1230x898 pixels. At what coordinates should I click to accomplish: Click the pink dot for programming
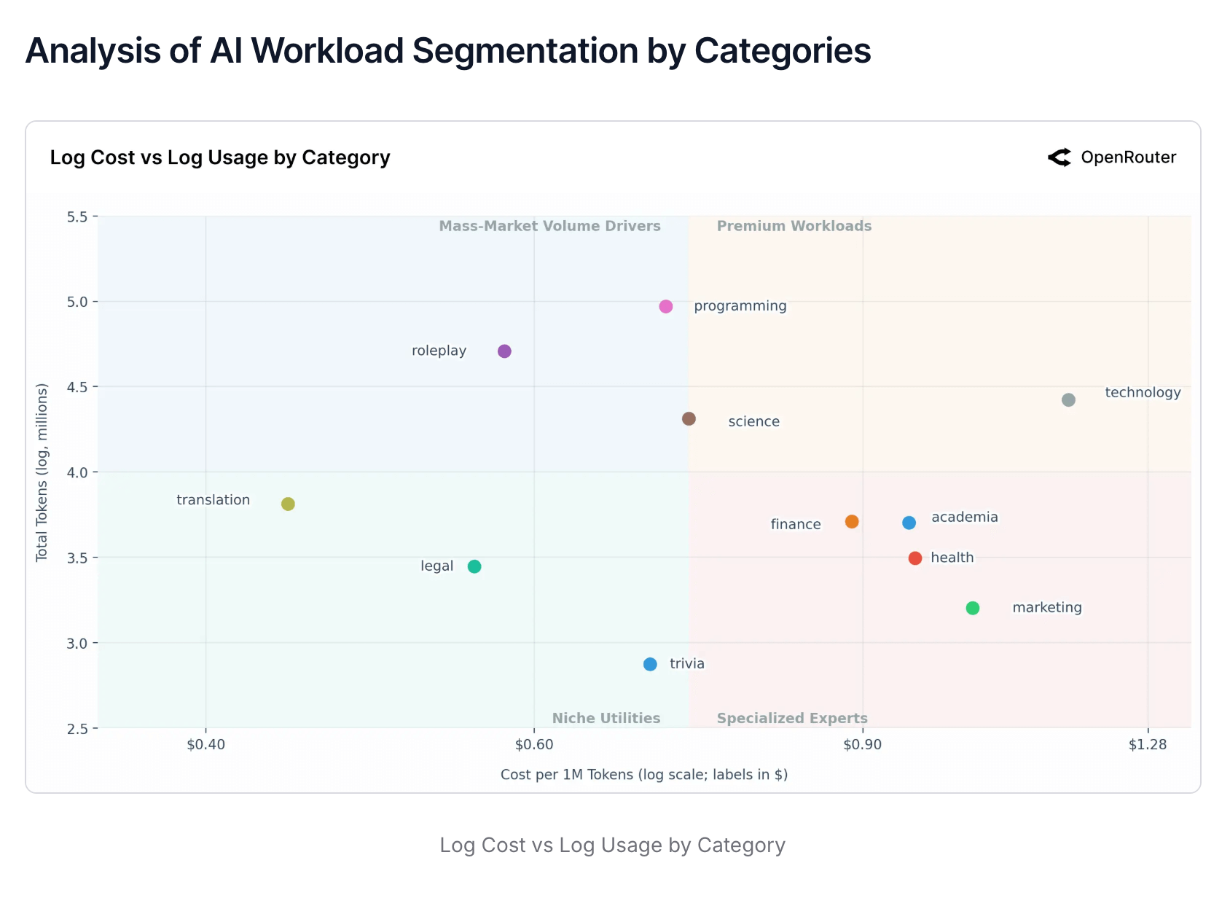[666, 306]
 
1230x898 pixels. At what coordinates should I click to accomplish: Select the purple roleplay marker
[504, 351]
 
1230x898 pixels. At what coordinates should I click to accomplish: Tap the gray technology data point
[1068, 400]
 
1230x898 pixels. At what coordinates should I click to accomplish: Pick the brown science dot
[689, 418]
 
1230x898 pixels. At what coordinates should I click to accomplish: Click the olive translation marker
[288, 504]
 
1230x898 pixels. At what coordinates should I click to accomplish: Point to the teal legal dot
[474, 566]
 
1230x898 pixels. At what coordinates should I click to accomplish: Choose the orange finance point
[852, 522]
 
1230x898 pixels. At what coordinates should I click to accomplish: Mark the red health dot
[915, 558]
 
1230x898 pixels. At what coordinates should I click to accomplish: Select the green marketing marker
[973, 608]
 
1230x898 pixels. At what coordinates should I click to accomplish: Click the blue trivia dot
[650, 664]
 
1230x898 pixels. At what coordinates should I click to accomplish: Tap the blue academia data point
[909, 523]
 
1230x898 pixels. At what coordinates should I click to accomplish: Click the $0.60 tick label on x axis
[534, 744]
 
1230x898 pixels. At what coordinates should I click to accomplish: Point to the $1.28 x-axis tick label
[1148, 744]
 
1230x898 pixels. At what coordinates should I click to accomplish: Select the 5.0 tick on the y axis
[87, 302]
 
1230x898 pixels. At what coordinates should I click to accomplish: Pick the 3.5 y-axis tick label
[87, 558]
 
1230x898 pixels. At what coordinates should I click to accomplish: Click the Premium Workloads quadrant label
[794, 226]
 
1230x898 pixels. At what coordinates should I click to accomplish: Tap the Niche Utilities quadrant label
[606, 718]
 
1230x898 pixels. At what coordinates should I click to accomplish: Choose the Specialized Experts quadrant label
[792, 718]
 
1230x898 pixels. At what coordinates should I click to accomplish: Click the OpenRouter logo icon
[1059, 157]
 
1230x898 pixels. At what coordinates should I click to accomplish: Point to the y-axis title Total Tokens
[42, 472]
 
